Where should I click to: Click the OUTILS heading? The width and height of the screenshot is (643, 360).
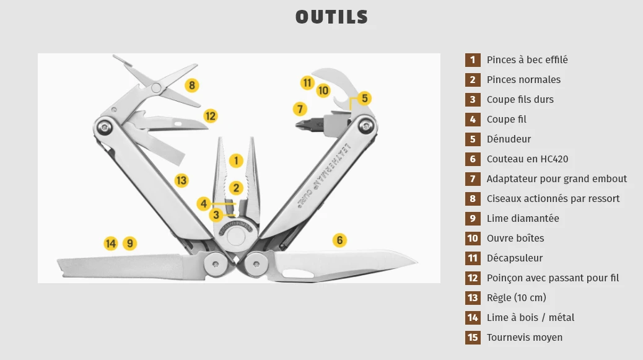[x=331, y=17]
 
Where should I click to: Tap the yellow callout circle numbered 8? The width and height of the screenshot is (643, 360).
[x=191, y=86]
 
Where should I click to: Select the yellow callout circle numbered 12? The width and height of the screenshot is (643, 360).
[x=211, y=115]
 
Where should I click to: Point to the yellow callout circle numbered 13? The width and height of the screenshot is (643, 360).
[x=181, y=180]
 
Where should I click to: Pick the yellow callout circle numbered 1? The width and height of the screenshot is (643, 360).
[x=235, y=160]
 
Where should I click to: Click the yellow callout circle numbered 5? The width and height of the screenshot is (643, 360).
[x=364, y=98]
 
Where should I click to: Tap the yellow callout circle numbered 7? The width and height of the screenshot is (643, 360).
[x=300, y=109]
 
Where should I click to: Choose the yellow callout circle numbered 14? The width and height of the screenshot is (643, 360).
[x=110, y=244]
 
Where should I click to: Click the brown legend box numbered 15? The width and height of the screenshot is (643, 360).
[x=473, y=337]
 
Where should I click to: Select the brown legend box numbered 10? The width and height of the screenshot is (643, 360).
[x=473, y=238]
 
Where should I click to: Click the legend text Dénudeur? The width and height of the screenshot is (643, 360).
[x=509, y=139]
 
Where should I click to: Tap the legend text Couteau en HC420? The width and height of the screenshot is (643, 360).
[x=527, y=159]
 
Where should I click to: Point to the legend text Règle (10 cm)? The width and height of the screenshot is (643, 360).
[x=516, y=297]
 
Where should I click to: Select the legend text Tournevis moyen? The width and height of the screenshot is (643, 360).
[x=525, y=337]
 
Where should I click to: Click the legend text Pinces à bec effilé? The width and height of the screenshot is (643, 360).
[x=527, y=59]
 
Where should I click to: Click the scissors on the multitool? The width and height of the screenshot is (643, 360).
[x=157, y=86]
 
